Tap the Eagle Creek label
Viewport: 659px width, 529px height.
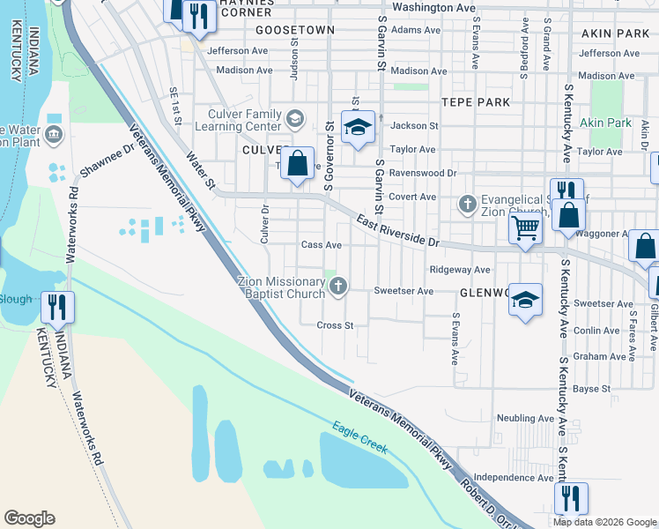click(x=359, y=438)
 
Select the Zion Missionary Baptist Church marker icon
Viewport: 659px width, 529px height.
click(x=337, y=285)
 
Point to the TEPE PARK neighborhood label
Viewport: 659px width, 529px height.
click(x=476, y=102)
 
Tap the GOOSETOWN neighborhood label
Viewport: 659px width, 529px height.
click(x=295, y=30)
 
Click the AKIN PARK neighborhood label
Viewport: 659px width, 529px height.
click(x=615, y=34)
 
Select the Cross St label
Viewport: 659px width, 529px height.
click(x=335, y=325)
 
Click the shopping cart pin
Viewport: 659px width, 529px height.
click(x=526, y=228)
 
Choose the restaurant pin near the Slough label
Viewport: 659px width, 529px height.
click(x=58, y=307)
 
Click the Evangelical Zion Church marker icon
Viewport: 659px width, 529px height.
click(x=468, y=205)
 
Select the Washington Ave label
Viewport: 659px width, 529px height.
click(x=433, y=7)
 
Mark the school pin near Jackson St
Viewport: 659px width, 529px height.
click(x=358, y=128)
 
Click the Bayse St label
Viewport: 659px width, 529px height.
click(x=592, y=388)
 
